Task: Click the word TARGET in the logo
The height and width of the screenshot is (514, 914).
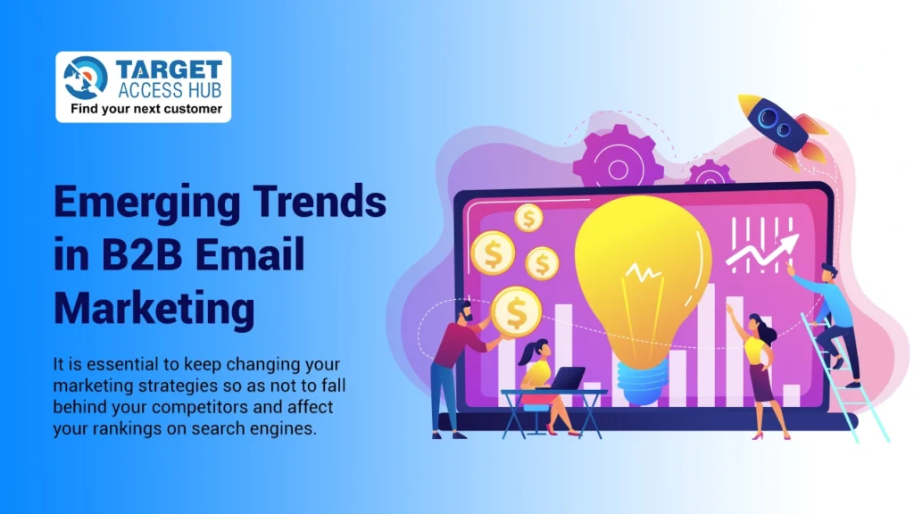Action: (x=169, y=70)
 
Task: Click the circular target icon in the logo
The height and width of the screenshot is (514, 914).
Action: (x=86, y=79)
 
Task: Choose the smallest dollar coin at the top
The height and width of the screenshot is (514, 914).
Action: (x=529, y=217)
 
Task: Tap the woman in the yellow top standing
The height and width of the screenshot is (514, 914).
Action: (x=757, y=366)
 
